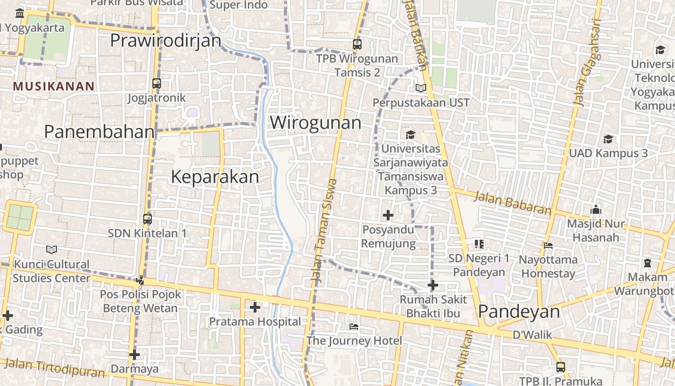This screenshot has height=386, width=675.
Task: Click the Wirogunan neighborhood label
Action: tap(315, 123)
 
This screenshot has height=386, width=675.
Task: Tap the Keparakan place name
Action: tap(215, 177)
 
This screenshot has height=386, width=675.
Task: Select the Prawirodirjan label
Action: tap(165, 41)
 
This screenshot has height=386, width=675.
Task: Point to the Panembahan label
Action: tap(99, 131)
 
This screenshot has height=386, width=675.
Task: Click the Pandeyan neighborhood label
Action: tap(519, 312)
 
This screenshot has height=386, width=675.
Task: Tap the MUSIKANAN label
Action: tap(54, 86)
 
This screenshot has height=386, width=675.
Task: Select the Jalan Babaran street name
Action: tap(512, 203)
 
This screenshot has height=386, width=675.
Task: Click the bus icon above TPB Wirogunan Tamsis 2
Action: tap(357, 44)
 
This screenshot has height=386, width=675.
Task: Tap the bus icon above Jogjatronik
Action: tap(156, 83)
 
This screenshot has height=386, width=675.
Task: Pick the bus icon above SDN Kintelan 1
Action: tap(148, 219)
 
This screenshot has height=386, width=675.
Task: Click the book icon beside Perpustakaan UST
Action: tap(421, 88)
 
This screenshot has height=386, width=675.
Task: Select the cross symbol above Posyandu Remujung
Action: tap(388, 215)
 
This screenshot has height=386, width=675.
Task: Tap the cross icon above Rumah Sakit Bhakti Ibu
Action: tap(432, 285)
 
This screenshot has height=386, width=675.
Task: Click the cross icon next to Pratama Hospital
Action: tap(255, 307)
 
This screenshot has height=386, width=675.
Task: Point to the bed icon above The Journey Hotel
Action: tap(354, 327)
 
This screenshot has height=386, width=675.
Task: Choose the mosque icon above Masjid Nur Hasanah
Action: tap(596, 210)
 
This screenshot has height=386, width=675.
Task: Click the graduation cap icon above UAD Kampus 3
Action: tap(608, 139)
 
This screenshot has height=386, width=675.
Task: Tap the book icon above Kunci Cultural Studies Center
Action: tap(52, 249)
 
